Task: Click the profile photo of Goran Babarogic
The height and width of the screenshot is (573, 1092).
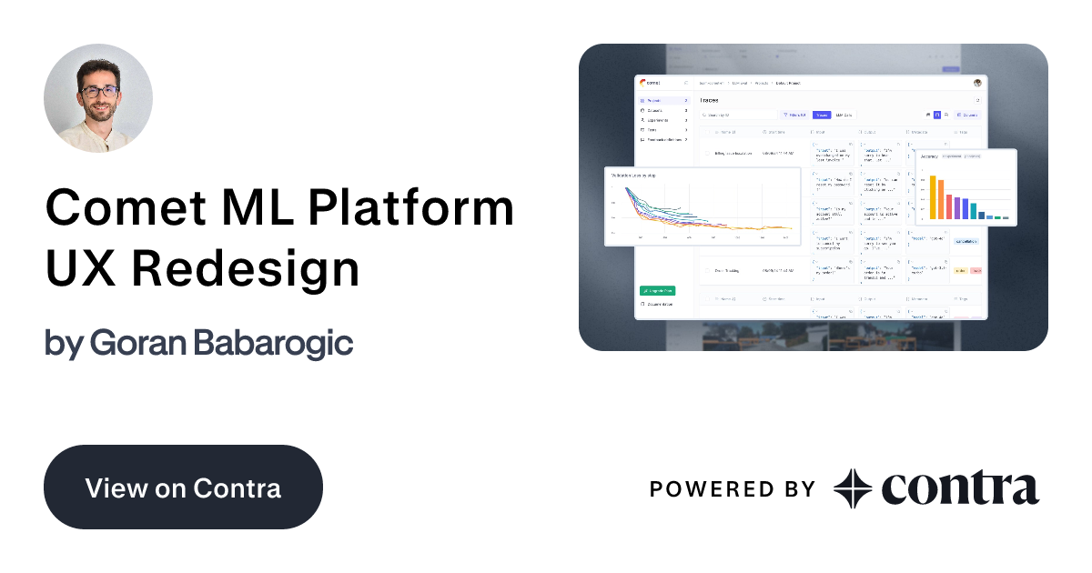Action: click(x=98, y=98)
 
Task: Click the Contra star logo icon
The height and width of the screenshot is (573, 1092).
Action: click(x=853, y=488)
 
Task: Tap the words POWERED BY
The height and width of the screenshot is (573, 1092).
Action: click(x=732, y=489)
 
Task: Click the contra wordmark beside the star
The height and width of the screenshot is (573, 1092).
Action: click(x=959, y=488)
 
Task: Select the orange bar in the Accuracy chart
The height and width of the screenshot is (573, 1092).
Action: click(x=940, y=201)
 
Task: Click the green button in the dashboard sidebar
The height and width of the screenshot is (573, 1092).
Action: click(x=657, y=291)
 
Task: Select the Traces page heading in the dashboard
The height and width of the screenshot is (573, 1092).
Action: click(x=709, y=100)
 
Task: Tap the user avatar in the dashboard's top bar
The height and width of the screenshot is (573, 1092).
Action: click(x=977, y=83)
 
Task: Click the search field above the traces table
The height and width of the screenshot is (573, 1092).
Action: click(x=737, y=116)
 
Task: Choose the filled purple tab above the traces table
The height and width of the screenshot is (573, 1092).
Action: click(x=821, y=116)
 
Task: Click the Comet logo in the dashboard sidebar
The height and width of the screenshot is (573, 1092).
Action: click(x=650, y=83)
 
